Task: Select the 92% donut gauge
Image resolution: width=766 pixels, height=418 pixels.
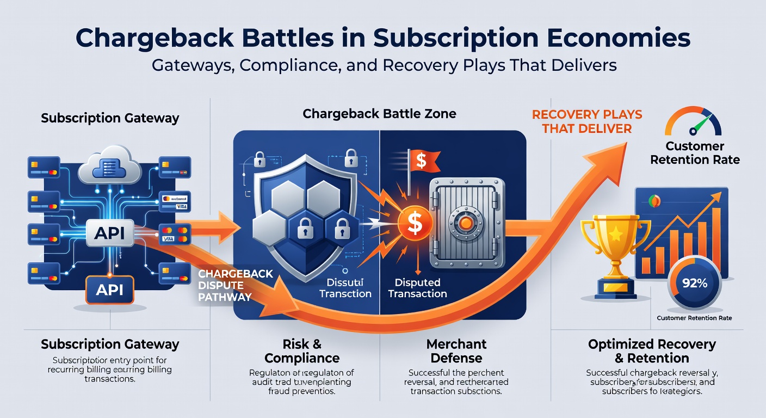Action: coord(694,283)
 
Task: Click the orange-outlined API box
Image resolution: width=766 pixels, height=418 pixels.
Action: coord(109,290)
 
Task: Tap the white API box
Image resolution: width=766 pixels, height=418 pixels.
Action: coord(109,233)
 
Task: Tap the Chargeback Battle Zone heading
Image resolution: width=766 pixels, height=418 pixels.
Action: coord(379,114)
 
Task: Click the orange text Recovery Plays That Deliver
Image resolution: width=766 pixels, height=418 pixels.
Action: coord(586,122)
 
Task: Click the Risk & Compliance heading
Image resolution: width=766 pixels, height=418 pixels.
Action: coord(302,351)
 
